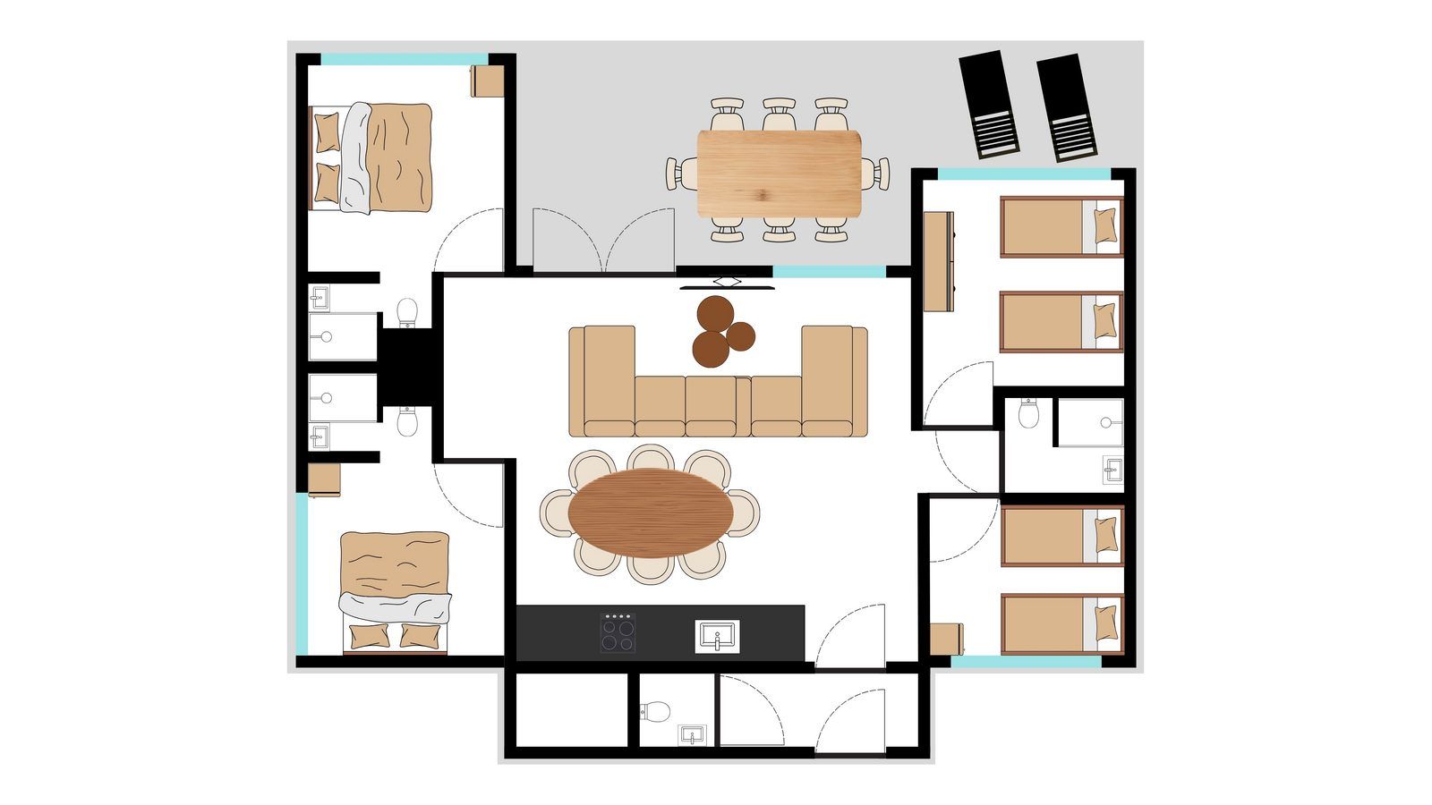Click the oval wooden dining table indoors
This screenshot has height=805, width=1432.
650,513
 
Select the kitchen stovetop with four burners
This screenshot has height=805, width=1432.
618,632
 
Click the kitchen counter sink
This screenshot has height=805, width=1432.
717,636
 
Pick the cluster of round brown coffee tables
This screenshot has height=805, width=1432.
722,331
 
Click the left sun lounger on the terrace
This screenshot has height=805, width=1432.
989,106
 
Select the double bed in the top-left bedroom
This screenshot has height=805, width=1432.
371,158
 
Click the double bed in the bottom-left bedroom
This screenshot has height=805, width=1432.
395,591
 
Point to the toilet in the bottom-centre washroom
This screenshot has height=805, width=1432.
656,711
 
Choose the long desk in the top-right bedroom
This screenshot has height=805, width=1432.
939,261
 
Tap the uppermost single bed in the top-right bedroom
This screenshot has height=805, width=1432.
1061,226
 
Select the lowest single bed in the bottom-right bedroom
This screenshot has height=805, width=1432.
1061,624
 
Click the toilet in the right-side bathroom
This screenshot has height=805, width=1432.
1028,413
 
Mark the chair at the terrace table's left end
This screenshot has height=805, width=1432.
681,173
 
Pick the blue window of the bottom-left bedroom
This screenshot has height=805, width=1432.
303,572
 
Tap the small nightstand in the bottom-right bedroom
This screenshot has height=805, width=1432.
946,639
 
